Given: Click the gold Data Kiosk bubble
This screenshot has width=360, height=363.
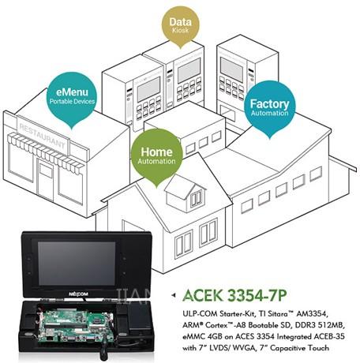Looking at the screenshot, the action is pyautogui.click(x=180, y=26).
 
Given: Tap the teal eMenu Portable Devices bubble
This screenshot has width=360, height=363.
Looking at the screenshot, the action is pyautogui.click(x=72, y=97).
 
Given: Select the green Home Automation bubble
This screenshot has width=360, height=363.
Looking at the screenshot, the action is pyautogui.click(x=157, y=156).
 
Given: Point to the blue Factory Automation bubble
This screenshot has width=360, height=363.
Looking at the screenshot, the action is pyautogui.click(x=269, y=108).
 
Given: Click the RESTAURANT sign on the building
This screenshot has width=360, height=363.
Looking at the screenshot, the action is pyautogui.click(x=43, y=136).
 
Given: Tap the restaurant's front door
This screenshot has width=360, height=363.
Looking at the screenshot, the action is pyautogui.click(x=46, y=180).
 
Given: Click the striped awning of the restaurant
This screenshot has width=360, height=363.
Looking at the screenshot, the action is pyautogui.click(x=45, y=153).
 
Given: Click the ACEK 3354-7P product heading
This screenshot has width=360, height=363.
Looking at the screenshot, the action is pyautogui.click(x=234, y=295).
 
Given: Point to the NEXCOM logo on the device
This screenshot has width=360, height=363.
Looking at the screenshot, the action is pyautogui.click(x=78, y=294).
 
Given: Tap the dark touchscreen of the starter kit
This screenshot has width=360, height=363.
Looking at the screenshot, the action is pyautogui.click(x=77, y=264).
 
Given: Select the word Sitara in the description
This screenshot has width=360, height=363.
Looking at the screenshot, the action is pyautogui.click(x=276, y=313).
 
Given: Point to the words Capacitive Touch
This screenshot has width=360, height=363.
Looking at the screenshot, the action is pyautogui.click(x=299, y=348).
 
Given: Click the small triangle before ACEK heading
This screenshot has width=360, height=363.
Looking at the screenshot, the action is pyautogui.click(x=173, y=295).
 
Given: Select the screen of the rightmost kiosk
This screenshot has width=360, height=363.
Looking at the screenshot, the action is pyautogui.click(x=231, y=69).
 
